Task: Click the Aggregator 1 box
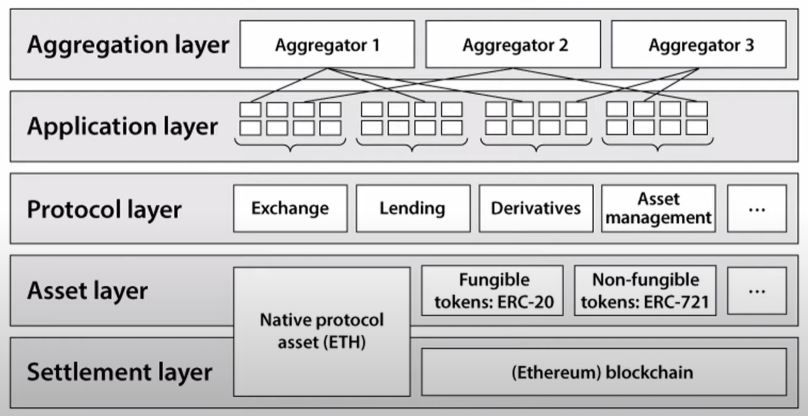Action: point(327,44)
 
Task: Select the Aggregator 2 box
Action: point(513,44)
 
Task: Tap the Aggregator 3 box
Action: point(698,44)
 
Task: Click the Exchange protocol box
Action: point(290,208)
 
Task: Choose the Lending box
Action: point(413,208)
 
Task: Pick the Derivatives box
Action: point(536,208)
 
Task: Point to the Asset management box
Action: point(658,208)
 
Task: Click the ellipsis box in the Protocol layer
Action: point(757,208)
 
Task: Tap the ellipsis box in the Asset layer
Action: point(757,291)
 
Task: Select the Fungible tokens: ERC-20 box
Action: point(492,291)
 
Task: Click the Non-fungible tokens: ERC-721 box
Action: point(645,291)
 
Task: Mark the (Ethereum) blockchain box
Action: point(603,372)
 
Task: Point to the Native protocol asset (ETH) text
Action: point(322,331)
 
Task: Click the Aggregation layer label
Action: point(128,44)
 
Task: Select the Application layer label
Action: point(122,126)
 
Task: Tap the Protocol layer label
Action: point(104,209)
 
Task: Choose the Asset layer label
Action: point(87,291)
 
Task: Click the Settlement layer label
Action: point(119,372)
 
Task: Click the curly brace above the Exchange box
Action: point(290,144)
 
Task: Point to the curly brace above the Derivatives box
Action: point(536,144)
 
